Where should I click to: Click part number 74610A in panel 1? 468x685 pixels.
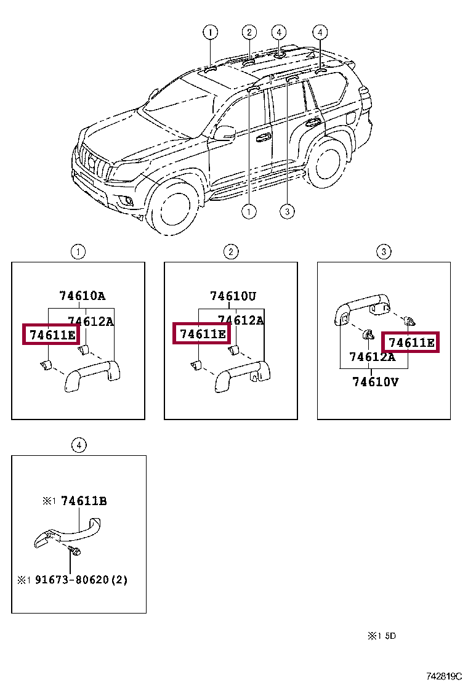[87, 296]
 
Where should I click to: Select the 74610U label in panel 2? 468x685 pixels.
[233, 296]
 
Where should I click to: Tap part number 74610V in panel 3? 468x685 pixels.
[375, 382]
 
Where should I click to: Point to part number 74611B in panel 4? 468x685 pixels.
[84, 501]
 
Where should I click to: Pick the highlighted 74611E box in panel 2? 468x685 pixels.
[201, 334]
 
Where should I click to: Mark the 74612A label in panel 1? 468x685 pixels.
[91, 321]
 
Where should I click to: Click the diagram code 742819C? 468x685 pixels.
[445, 676]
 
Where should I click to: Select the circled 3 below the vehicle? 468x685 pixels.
[287, 212]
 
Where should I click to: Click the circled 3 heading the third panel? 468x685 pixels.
[383, 251]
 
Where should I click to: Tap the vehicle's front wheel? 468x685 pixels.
[176, 206]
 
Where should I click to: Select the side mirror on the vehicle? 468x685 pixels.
[225, 133]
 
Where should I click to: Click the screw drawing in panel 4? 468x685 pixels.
[75, 551]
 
